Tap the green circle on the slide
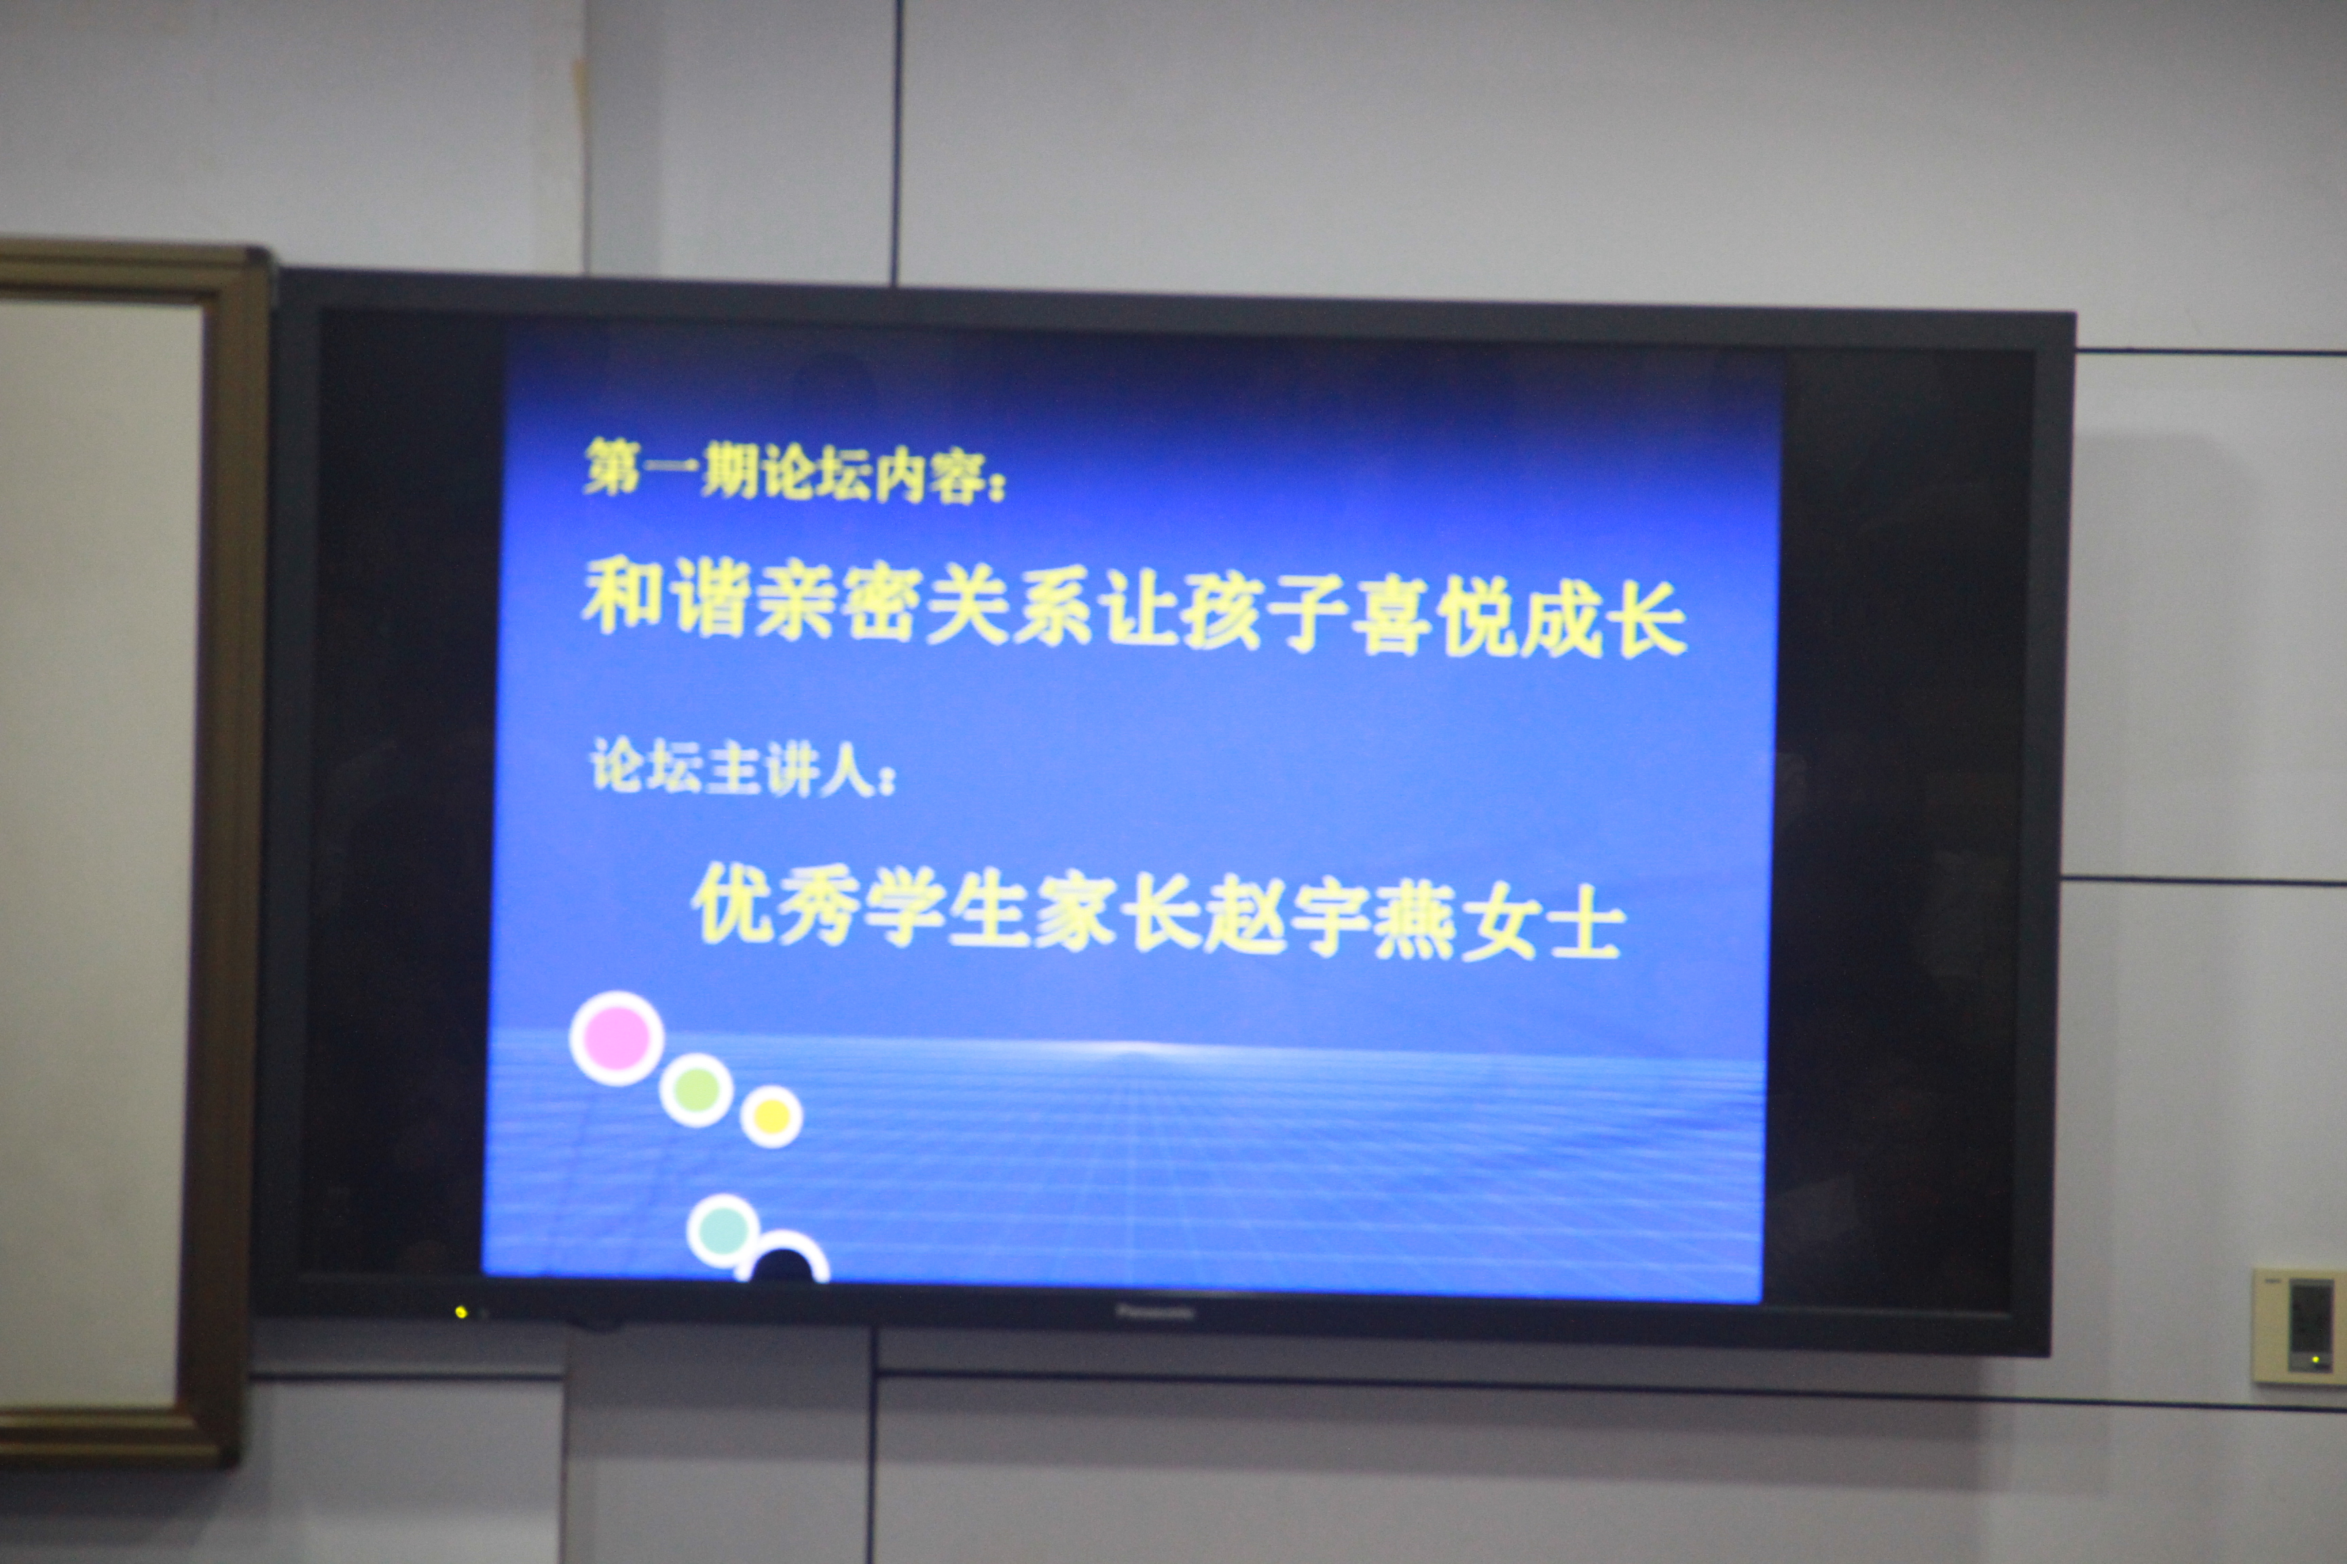click(x=697, y=1090)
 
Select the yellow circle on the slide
click(x=771, y=1116)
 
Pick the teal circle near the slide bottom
click(x=723, y=1230)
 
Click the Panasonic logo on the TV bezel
click(x=1154, y=1313)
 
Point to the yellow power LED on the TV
click(x=461, y=1311)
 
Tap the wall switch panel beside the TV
click(x=2298, y=1326)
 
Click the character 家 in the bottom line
click(x=1075, y=912)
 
